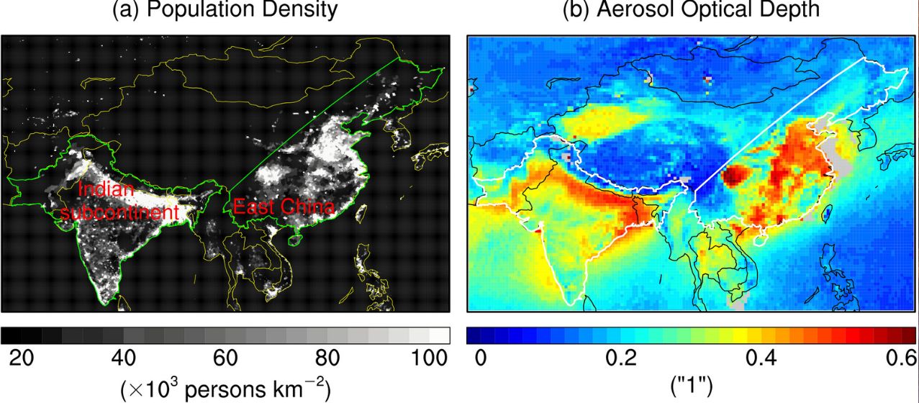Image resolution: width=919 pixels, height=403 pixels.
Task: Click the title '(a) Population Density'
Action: (225, 10)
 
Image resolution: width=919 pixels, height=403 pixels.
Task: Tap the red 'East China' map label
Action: (284, 207)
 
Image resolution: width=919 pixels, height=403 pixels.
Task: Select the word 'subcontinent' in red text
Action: (119, 213)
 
